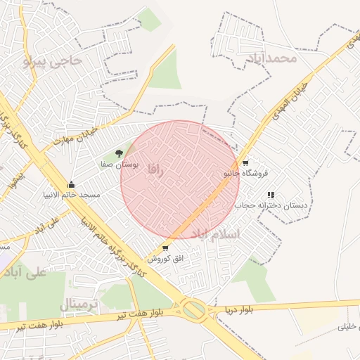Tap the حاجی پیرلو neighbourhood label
click(53, 62)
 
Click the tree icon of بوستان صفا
click(119, 153)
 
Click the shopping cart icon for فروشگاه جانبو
click(245, 162)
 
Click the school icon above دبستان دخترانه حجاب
click(271, 195)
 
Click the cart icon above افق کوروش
click(165, 248)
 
